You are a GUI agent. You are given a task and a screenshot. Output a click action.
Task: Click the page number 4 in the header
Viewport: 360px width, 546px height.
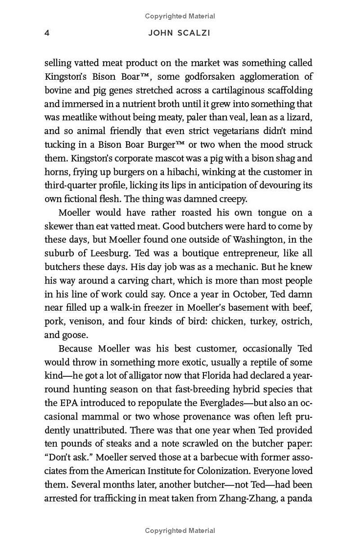pyautogui.click(x=47, y=33)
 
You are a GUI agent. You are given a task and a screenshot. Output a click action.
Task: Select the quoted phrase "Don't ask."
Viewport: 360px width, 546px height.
pyautogui.click(x=63, y=458)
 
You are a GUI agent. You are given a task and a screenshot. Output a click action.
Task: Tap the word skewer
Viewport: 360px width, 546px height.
pyautogui.click(x=59, y=226)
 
